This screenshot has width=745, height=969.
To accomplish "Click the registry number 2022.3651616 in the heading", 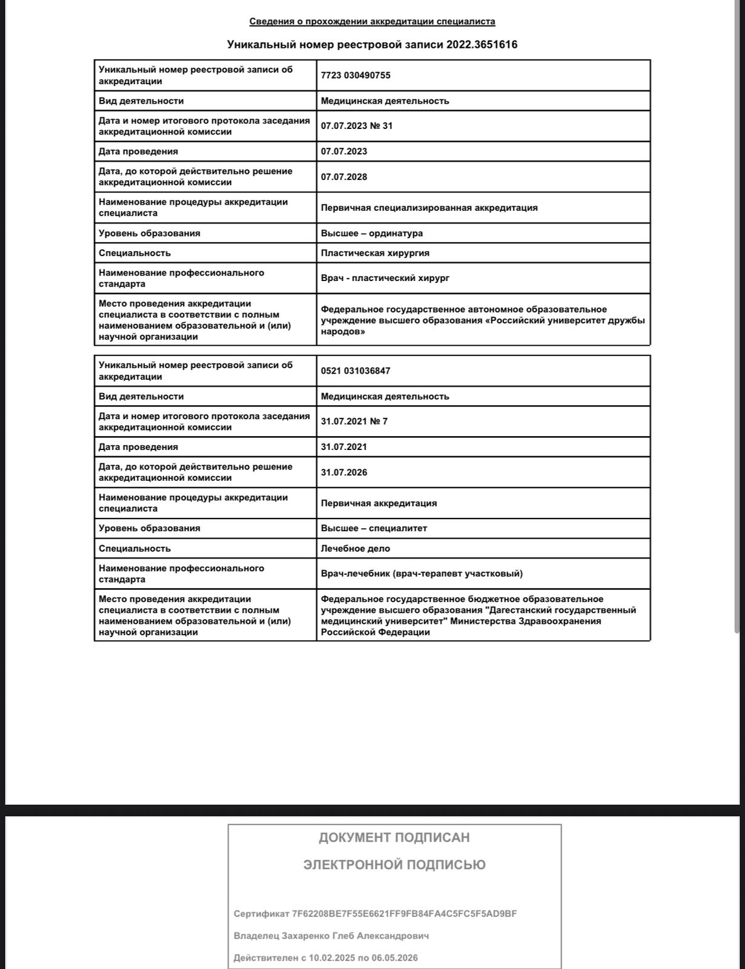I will click(x=482, y=45).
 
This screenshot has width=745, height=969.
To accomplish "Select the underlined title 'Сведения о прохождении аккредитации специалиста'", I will click(x=372, y=22).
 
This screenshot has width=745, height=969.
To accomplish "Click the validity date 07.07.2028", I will click(x=344, y=177).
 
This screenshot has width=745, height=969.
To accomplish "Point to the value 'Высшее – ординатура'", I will click(x=372, y=233).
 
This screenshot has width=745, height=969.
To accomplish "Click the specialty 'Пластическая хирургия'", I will click(x=375, y=253).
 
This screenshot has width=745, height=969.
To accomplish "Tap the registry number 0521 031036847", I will click(x=356, y=371).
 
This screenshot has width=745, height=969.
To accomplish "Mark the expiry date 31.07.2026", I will click(x=344, y=472).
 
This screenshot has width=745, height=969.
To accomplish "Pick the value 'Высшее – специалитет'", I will click(x=374, y=528).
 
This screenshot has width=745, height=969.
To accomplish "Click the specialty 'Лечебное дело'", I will click(x=356, y=549).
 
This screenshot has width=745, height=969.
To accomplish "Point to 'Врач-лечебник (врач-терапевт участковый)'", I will click(x=422, y=574).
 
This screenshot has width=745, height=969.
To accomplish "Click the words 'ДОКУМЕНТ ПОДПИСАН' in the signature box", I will click(x=394, y=838).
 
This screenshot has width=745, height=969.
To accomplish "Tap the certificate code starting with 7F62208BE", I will click(x=405, y=914).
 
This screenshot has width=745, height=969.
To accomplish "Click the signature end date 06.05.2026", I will click(x=395, y=958).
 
